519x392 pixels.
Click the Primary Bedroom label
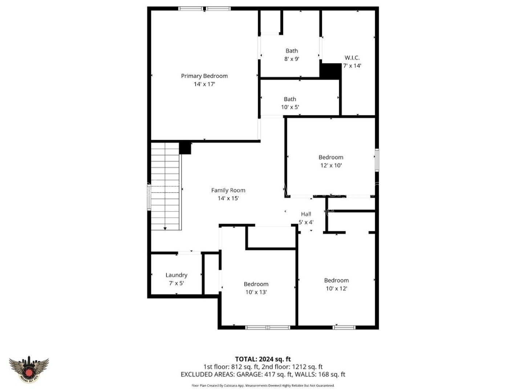[x=204, y=76]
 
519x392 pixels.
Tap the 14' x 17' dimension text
[x=204, y=84]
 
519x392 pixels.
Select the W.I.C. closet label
[x=352, y=58]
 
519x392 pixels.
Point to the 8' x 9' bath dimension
[x=291, y=59]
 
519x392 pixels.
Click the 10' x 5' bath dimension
[x=290, y=107]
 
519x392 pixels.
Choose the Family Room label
[x=228, y=190]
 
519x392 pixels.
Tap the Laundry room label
[x=176, y=275]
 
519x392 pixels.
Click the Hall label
[x=306, y=214]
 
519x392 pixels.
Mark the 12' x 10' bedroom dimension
[x=331, y=166]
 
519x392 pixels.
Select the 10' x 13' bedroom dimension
[x=256, y=292]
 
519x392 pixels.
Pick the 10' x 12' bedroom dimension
[x=336, y=289]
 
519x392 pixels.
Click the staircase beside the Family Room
[x=165, y=186]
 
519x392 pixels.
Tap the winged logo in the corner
[x=29, y=369]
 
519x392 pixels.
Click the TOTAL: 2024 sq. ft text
[x=263, y=359]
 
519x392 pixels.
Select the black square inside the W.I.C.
[x=330, y=71]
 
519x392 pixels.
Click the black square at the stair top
[x=185, y=148]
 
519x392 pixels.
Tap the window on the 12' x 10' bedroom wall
[x=377, y=160]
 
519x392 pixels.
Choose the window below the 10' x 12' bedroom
[x=344, y=327]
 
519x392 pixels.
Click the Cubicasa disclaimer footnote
[x=263, y=385]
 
